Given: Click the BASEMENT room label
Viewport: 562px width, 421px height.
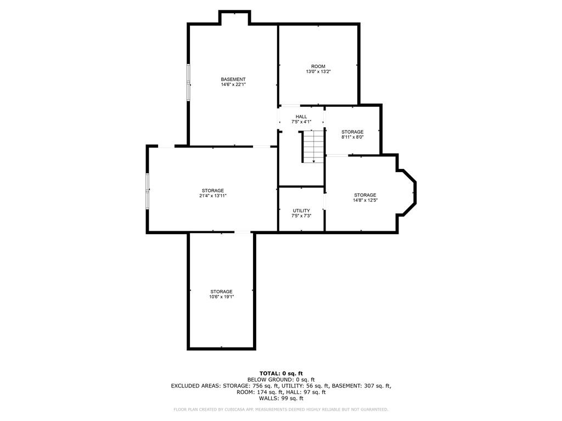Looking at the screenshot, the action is [x=233, y=79].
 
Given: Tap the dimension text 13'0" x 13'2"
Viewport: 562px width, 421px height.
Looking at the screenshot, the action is [x=318, y=72].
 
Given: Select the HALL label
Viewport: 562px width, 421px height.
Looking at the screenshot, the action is [x=301, y=117].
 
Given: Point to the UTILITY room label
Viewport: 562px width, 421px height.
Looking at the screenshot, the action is [x=301, y=210].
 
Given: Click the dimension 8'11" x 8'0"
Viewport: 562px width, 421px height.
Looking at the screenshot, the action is [x=352, y=136].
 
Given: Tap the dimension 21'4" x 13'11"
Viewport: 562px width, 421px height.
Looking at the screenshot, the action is [x=213, y=196].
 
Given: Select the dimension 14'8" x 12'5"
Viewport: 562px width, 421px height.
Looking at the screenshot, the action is [x=365, y=200].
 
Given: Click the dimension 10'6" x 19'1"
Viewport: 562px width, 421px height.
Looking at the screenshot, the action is [x=222, y=297].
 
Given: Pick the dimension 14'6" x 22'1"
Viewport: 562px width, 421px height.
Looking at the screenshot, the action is [x=233, y=84].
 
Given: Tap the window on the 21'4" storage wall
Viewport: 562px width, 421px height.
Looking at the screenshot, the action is [x=147, y=191].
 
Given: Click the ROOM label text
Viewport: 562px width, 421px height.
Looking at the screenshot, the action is [x=318, y=66].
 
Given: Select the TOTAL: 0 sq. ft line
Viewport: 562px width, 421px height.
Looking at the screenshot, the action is [x=281, y=373].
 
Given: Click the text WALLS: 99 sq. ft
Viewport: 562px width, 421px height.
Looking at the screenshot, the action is [x=281, y=398].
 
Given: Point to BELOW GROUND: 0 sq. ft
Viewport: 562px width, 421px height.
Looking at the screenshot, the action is [x=281, y=379].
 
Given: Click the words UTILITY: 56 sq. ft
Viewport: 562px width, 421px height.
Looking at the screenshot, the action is [x=305, y=386].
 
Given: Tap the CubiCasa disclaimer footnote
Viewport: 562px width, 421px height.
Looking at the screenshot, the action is [x=280, y=409].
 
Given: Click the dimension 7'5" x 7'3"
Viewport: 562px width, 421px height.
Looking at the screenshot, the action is [x=301, y=216].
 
